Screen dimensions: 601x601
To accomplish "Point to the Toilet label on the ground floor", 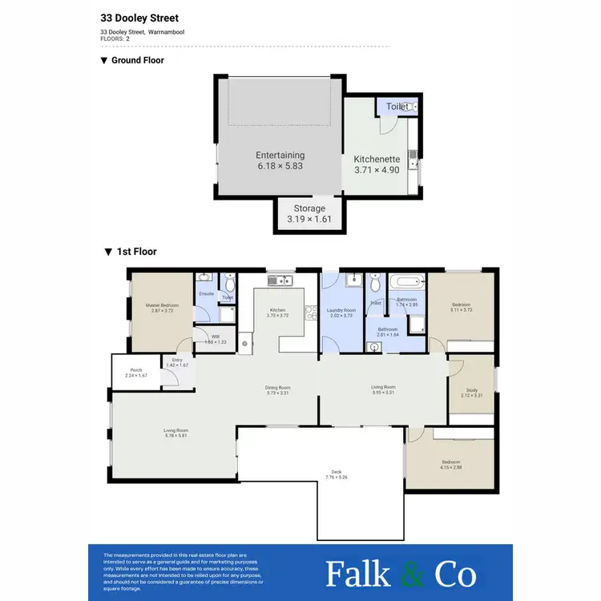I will pos(397,107).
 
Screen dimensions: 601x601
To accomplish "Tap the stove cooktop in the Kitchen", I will pos(310,313).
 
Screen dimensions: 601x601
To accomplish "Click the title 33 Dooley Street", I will pos(139,18).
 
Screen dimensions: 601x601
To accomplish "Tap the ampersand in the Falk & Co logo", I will pos(407,575).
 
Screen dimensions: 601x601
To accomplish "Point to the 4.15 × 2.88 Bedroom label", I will pos(452,464).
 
